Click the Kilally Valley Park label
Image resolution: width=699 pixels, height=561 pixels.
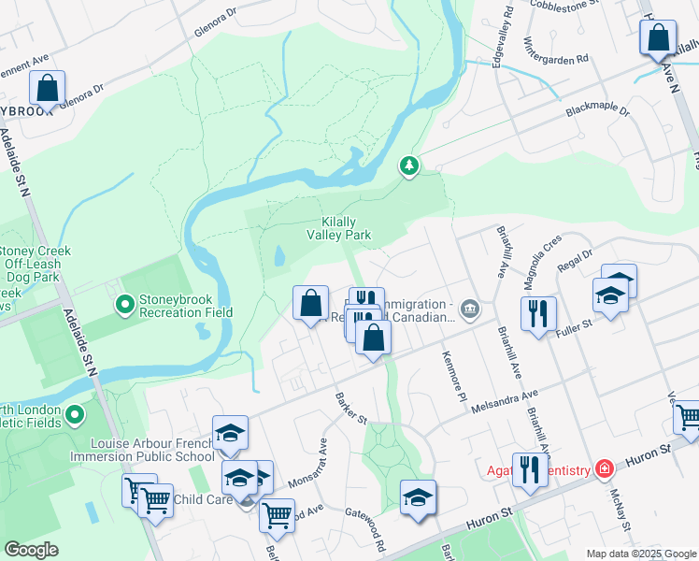click(340, 228)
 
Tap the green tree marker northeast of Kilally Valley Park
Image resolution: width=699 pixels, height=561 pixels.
click(408, 166)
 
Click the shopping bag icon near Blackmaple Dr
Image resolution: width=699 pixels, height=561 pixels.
click(658, 39)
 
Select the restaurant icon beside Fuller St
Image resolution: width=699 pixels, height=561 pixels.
click(538, 314)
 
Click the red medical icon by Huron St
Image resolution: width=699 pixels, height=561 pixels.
click(605, 467)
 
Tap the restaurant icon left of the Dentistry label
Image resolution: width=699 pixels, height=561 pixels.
click(530, 469)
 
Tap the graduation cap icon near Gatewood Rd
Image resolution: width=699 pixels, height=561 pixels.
click(418, 496)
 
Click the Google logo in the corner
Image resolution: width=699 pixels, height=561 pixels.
click(32, 550)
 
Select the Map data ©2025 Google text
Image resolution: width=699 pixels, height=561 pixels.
click(642, 554)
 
